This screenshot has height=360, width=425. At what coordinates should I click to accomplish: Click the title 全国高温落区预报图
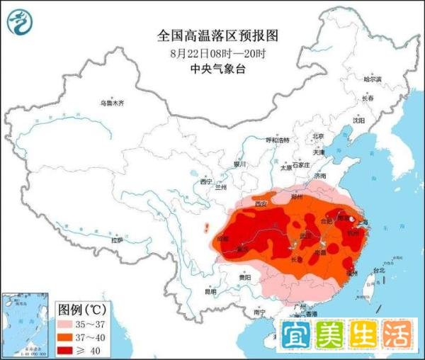coord(213,35)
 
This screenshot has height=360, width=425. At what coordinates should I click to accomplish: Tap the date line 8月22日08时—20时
coord(213,52)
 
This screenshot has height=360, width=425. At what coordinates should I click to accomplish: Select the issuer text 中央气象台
coord(213,69)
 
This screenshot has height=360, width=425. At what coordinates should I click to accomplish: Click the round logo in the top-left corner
coord(21,23)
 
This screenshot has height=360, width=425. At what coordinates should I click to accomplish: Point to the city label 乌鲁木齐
coord(112,103)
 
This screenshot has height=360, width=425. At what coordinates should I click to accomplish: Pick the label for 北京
coord(318,136)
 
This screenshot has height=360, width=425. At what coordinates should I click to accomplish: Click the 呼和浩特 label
coord(278,140)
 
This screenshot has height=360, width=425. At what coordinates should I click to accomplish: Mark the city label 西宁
coord(206,182)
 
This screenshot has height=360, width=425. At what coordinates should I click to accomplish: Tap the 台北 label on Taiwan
coord(378,270)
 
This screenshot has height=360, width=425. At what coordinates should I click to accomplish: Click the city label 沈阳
coord(361,121)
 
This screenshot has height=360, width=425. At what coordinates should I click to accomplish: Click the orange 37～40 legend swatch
coord(71,337)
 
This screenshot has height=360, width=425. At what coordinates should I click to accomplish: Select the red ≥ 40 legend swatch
coord(71,349)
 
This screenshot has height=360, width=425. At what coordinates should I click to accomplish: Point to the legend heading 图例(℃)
coord(81,310)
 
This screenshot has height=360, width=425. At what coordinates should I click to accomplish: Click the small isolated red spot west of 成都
coord(206,229)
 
